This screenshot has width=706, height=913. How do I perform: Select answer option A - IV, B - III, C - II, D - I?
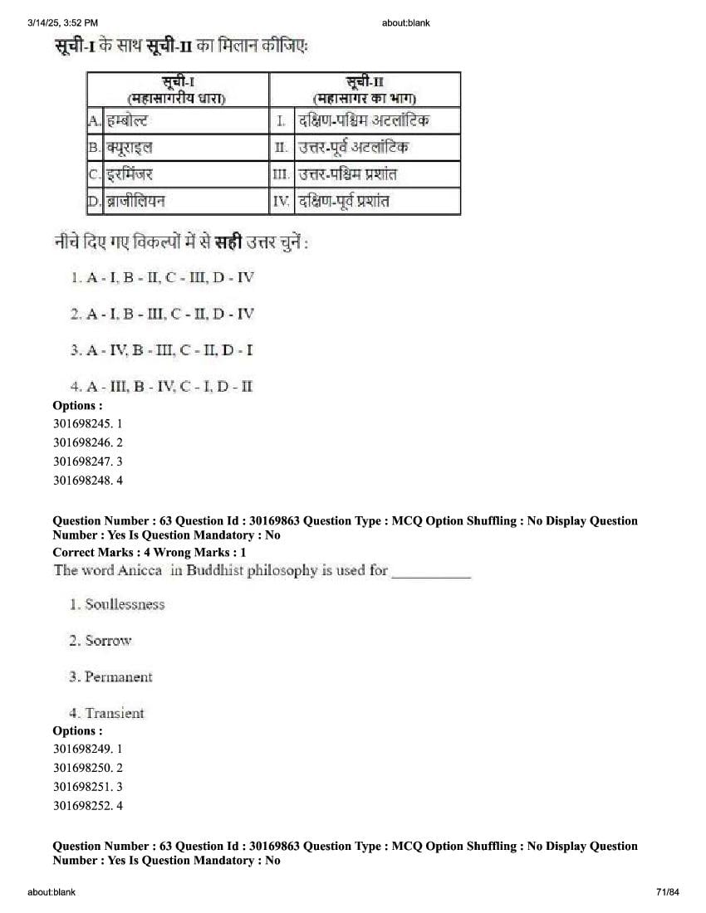[162, 350]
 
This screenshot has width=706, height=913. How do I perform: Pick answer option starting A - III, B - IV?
[162, 387]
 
